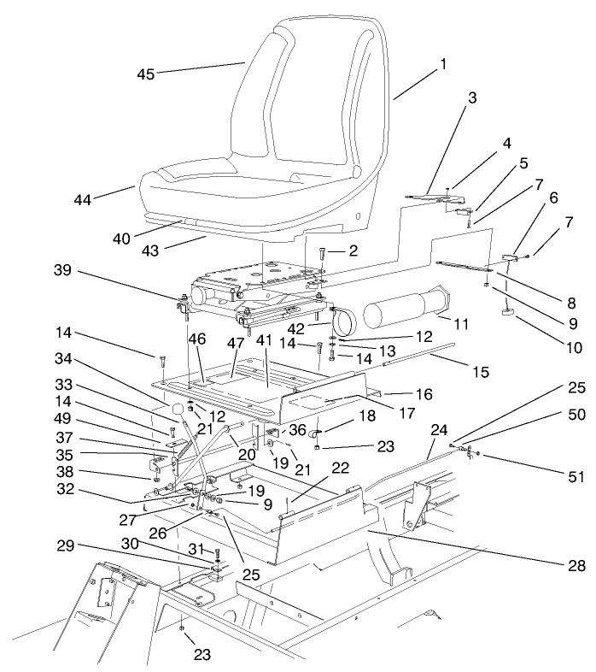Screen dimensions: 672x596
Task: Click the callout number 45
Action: point(145,74)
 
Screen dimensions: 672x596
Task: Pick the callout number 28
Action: point(579,564)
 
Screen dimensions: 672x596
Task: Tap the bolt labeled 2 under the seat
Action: point(323,254)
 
